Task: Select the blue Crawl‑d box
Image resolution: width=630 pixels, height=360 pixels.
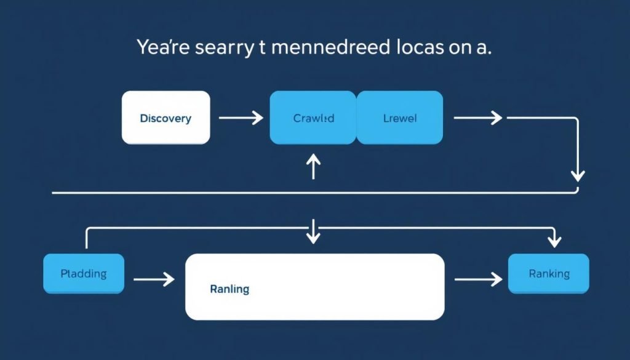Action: (x=313, y=118)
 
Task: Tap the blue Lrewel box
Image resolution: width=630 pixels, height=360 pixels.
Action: (x=400, y=118)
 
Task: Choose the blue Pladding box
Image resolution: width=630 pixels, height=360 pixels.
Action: (x=84, y=274)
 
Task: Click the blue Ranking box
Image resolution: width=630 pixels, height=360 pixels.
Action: (x=549, y=274)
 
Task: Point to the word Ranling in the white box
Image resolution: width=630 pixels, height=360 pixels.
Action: (x=229, y=289)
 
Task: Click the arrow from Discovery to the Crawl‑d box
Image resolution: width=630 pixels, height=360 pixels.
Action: (x=241, y=118)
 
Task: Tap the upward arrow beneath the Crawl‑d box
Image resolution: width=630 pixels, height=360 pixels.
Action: (x=314, y=166)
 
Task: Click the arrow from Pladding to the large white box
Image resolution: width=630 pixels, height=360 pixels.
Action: (x=154, y=280)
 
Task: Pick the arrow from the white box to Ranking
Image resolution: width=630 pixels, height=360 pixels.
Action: (x=478, y=280)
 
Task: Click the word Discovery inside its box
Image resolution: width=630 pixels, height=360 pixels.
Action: (x=165, y=118)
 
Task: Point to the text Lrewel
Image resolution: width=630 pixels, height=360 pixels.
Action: (x=400, y=118)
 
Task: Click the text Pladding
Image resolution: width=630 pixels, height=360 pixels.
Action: (x=84, y=274)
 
